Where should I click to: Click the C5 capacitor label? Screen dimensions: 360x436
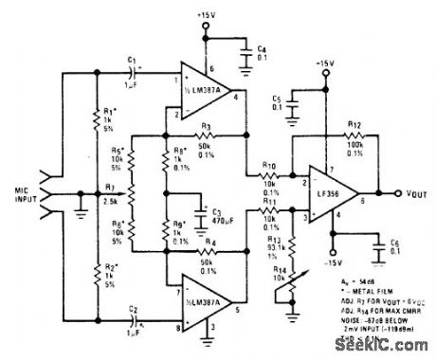(x=273, y=98)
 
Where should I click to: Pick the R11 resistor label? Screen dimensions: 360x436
(x=271, y=201)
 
